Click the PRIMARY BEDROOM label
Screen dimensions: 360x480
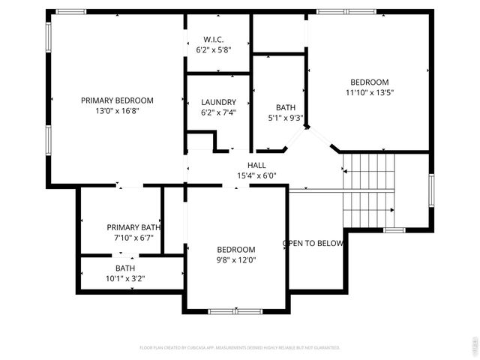pyautogui.click(x=117, y=100)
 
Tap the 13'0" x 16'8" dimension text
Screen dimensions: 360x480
pyautogui.click(x=117, y=110)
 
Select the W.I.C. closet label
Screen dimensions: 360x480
pyautogui.click(x=214, y=39)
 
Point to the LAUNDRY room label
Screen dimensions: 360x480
pyautogui.click(x=218, y=102)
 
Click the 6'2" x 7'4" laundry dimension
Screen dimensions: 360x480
pyautogui.click(x=218, y=112)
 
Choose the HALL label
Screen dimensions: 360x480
pyautogui.click(x=256, y=165)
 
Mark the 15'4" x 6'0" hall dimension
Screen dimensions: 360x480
pyautogui.click(x=256, y=175)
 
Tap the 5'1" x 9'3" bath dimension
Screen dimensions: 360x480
pyautogui.click(x=285, y=118)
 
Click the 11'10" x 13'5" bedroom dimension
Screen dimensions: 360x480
pyautogui.click(x=370, y=92)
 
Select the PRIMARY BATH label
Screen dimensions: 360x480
pyautogui.click(x=133, y=227)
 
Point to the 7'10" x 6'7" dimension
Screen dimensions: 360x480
pyautogui.click(x=133, y=238)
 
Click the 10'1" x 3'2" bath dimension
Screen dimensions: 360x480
pyautogui.click(x=125, y=278)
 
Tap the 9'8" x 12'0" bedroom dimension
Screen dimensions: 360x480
pyautogui.click(x=236, y=260)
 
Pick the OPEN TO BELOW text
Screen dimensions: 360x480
pyautogui.click(x=313, y=243)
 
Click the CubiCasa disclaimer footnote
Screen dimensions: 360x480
pyautogui.click(x=240, y=347)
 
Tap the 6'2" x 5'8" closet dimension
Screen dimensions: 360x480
pyautogui.click(x=214, y=49)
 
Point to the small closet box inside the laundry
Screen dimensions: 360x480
pyautogui.click(x=200, y=142)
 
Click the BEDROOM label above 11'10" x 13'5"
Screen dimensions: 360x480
pyautogui.click(x=370, y=82)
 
